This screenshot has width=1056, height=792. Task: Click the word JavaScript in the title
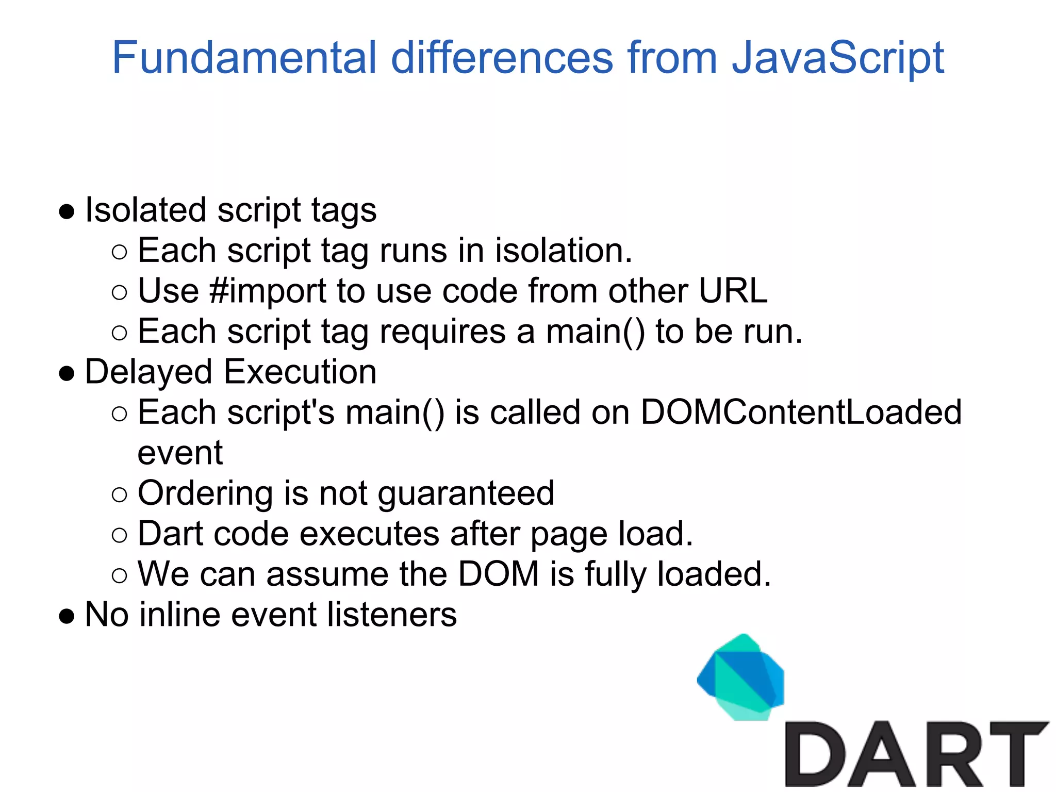(x=838, y=58)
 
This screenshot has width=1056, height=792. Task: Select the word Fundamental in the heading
(x=244, y=58)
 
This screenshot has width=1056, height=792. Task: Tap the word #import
(x=268, y=291)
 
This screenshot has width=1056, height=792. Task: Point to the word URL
(x=733, y=291)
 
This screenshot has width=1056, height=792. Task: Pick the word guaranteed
(x=466, y=493)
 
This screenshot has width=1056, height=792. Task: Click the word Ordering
(x=205, y=493)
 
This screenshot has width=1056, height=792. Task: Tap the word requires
(x=443, y=332)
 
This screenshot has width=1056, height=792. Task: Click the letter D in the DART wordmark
(x=815, y=754)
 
